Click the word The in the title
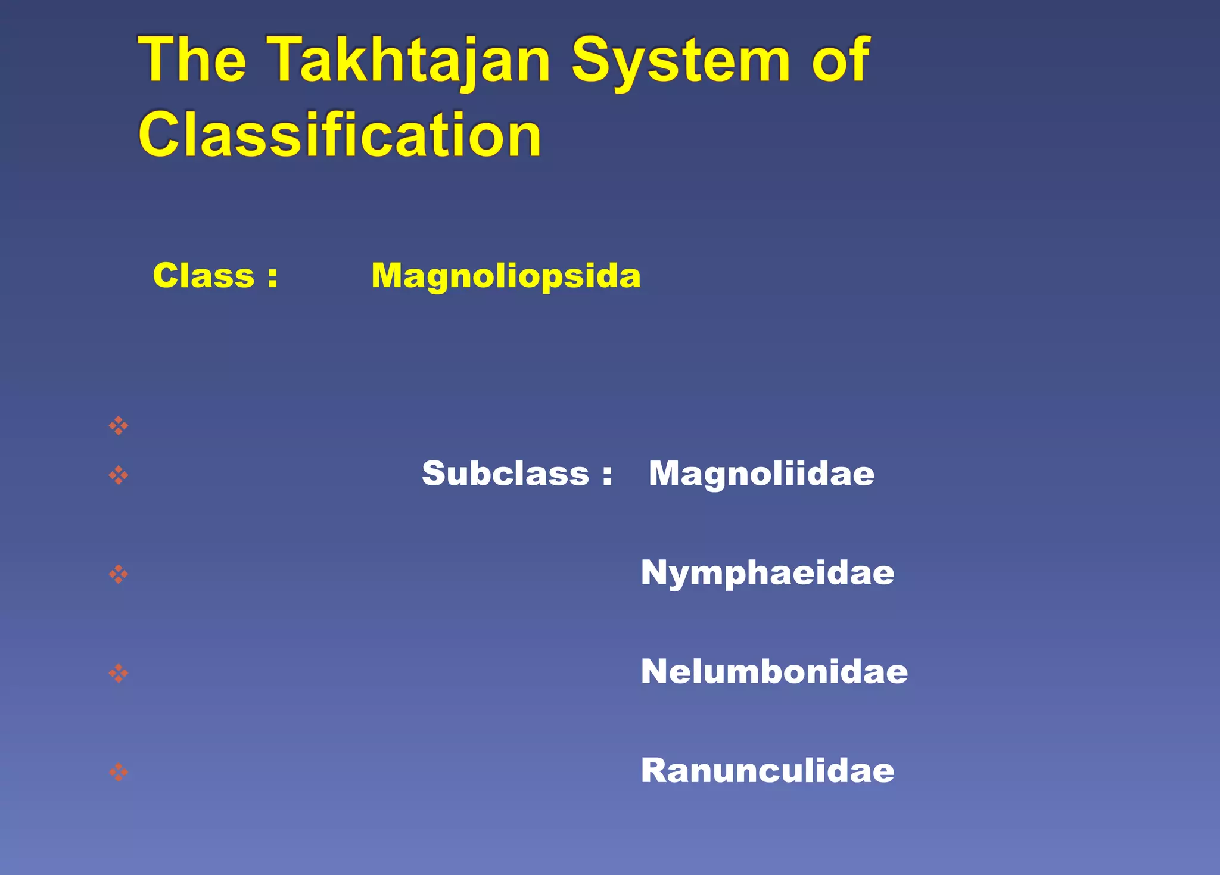(x=192, y=60)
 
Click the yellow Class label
(x=204, y=276)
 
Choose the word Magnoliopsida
(x=506, y=276)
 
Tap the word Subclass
(x=505, y=474)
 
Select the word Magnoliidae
(x=761, y=474)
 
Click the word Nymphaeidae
(x=767, y=572)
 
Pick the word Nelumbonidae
(x=774, y=671)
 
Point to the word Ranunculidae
(x=767, y=770)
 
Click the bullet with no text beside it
(x=119, y=425)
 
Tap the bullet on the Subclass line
(x=119, y=475)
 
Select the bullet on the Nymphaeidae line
(x=119, y=574)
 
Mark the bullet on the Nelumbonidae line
(x=119, y=673)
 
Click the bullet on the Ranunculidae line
(x=119, y=772)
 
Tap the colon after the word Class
(x=273, y=278)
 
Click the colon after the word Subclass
(x=607, y=475)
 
